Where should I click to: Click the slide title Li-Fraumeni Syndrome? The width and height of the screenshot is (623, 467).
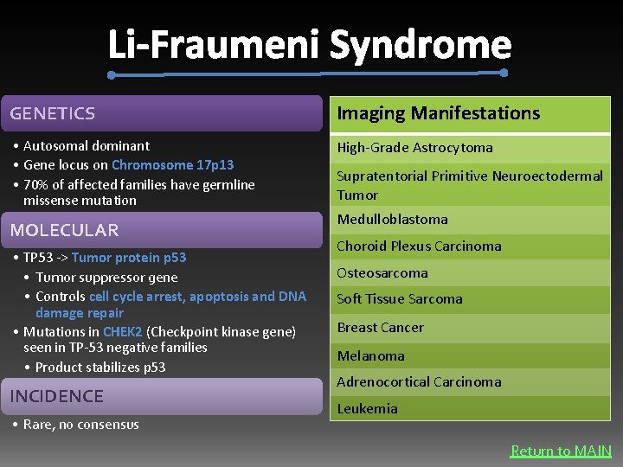coord(310,45)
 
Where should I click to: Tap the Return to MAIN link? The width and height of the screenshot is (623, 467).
coord(561,451)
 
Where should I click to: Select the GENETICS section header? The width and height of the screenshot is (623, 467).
coord(53,113)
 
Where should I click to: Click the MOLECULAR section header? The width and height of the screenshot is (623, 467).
coord(64,230)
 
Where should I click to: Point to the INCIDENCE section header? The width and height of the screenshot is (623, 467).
coord(56,396)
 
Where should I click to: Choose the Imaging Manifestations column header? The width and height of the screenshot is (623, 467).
coord(438,113)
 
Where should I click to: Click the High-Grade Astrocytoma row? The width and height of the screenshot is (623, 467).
coord(414,148)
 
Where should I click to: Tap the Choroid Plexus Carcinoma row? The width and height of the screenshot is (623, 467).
coord(419,246)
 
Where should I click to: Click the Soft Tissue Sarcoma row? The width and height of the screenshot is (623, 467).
coord(399,299)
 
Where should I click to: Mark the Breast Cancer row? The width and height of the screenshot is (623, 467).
coord(380,328)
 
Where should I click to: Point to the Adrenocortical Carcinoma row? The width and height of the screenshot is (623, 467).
coord(419,382)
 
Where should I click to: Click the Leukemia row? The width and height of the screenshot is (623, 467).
coord(367,408)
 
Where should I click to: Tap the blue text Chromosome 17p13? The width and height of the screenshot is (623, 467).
coord(172,164)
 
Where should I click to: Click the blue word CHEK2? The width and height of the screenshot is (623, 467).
coord(122,332)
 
